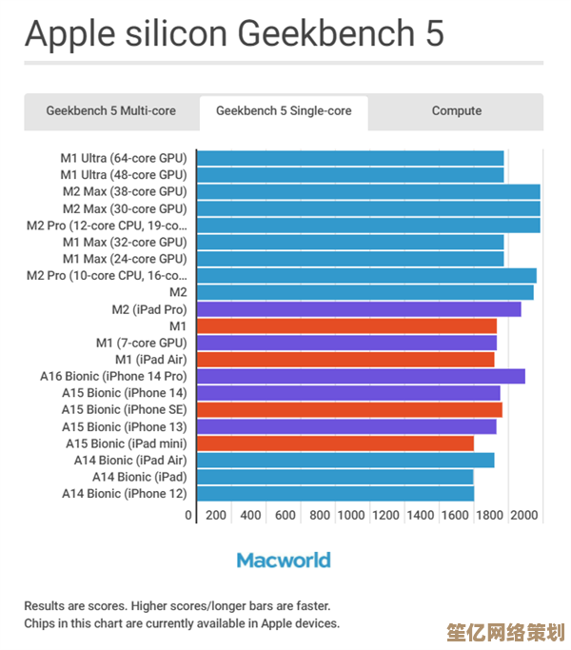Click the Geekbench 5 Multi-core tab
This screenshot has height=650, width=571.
[x=110, y=111]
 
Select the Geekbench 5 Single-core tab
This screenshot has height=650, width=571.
[x=284, y=111]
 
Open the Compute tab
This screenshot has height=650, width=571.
[x=456, y=111]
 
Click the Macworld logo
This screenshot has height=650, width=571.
[x=284, y=560]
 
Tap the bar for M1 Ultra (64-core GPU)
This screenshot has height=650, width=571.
[x=350, y=158]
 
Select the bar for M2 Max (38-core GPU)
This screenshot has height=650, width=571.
[x=368, y=191]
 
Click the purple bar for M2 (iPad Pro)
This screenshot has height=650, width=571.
[x=359, y=309]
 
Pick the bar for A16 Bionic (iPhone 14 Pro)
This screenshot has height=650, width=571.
[x=361, y=376]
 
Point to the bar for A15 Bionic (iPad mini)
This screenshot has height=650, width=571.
[x=335, y=443]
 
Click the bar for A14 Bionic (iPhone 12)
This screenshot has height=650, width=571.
[x=335, y=494]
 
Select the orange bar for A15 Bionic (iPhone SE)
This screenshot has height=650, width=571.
[x=349, y=409]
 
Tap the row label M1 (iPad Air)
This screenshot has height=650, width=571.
[x=150, y=360]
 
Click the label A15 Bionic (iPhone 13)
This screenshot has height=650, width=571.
[x=124, y=426]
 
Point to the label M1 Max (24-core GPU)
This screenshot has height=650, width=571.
[x=124, y=259]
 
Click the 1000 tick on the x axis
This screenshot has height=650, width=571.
[x=351, y=515]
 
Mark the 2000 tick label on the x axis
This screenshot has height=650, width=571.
[x=524, y=515]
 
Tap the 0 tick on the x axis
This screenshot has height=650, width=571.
[x=188, y=515]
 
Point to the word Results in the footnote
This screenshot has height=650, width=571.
[x=46, y=605]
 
